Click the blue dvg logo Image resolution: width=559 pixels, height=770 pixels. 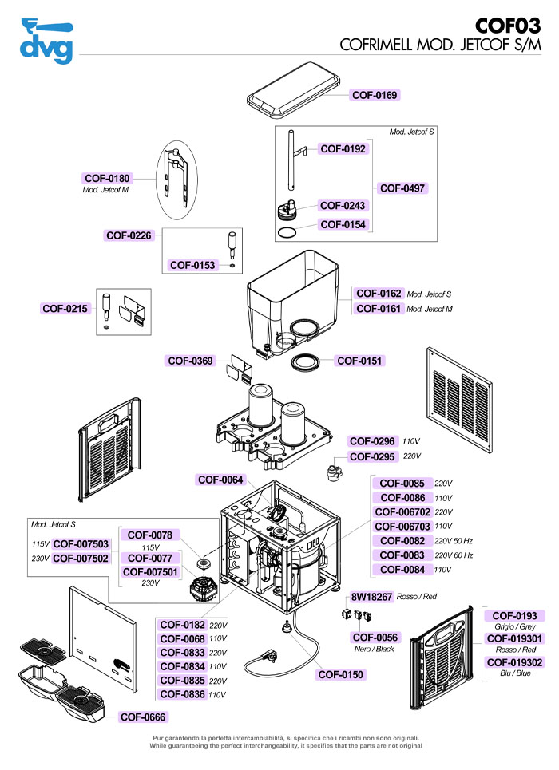point(46,41)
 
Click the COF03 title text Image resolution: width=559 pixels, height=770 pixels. point(508,26)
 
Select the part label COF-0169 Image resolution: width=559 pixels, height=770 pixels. point(375,95)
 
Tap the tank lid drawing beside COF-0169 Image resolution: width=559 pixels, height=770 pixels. point(294,91)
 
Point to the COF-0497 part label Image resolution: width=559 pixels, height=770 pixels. point(402,188)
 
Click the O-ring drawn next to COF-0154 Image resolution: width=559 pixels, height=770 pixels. point(287,232)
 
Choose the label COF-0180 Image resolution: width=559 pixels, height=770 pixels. point(107,178)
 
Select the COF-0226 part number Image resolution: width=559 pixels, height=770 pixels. point(129,235)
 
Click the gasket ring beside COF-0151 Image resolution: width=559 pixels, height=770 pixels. point(305,362)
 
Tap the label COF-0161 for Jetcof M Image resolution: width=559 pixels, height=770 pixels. point(379,309)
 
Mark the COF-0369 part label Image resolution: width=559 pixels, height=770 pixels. point(190,361)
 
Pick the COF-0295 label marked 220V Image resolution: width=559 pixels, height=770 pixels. point(372,456)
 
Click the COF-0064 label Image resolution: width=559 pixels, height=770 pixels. point(220,480)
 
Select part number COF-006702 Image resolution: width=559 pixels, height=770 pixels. point(402,512)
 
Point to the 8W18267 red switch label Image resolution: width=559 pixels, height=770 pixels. point(371,597)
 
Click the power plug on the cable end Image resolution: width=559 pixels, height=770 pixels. point(266,656)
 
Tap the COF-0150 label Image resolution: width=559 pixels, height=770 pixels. point(341,675)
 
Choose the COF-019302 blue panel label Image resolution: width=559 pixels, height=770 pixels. point(515,662)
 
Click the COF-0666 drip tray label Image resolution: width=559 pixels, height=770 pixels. point(143,717)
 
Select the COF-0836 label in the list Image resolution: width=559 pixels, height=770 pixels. point(182,694)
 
